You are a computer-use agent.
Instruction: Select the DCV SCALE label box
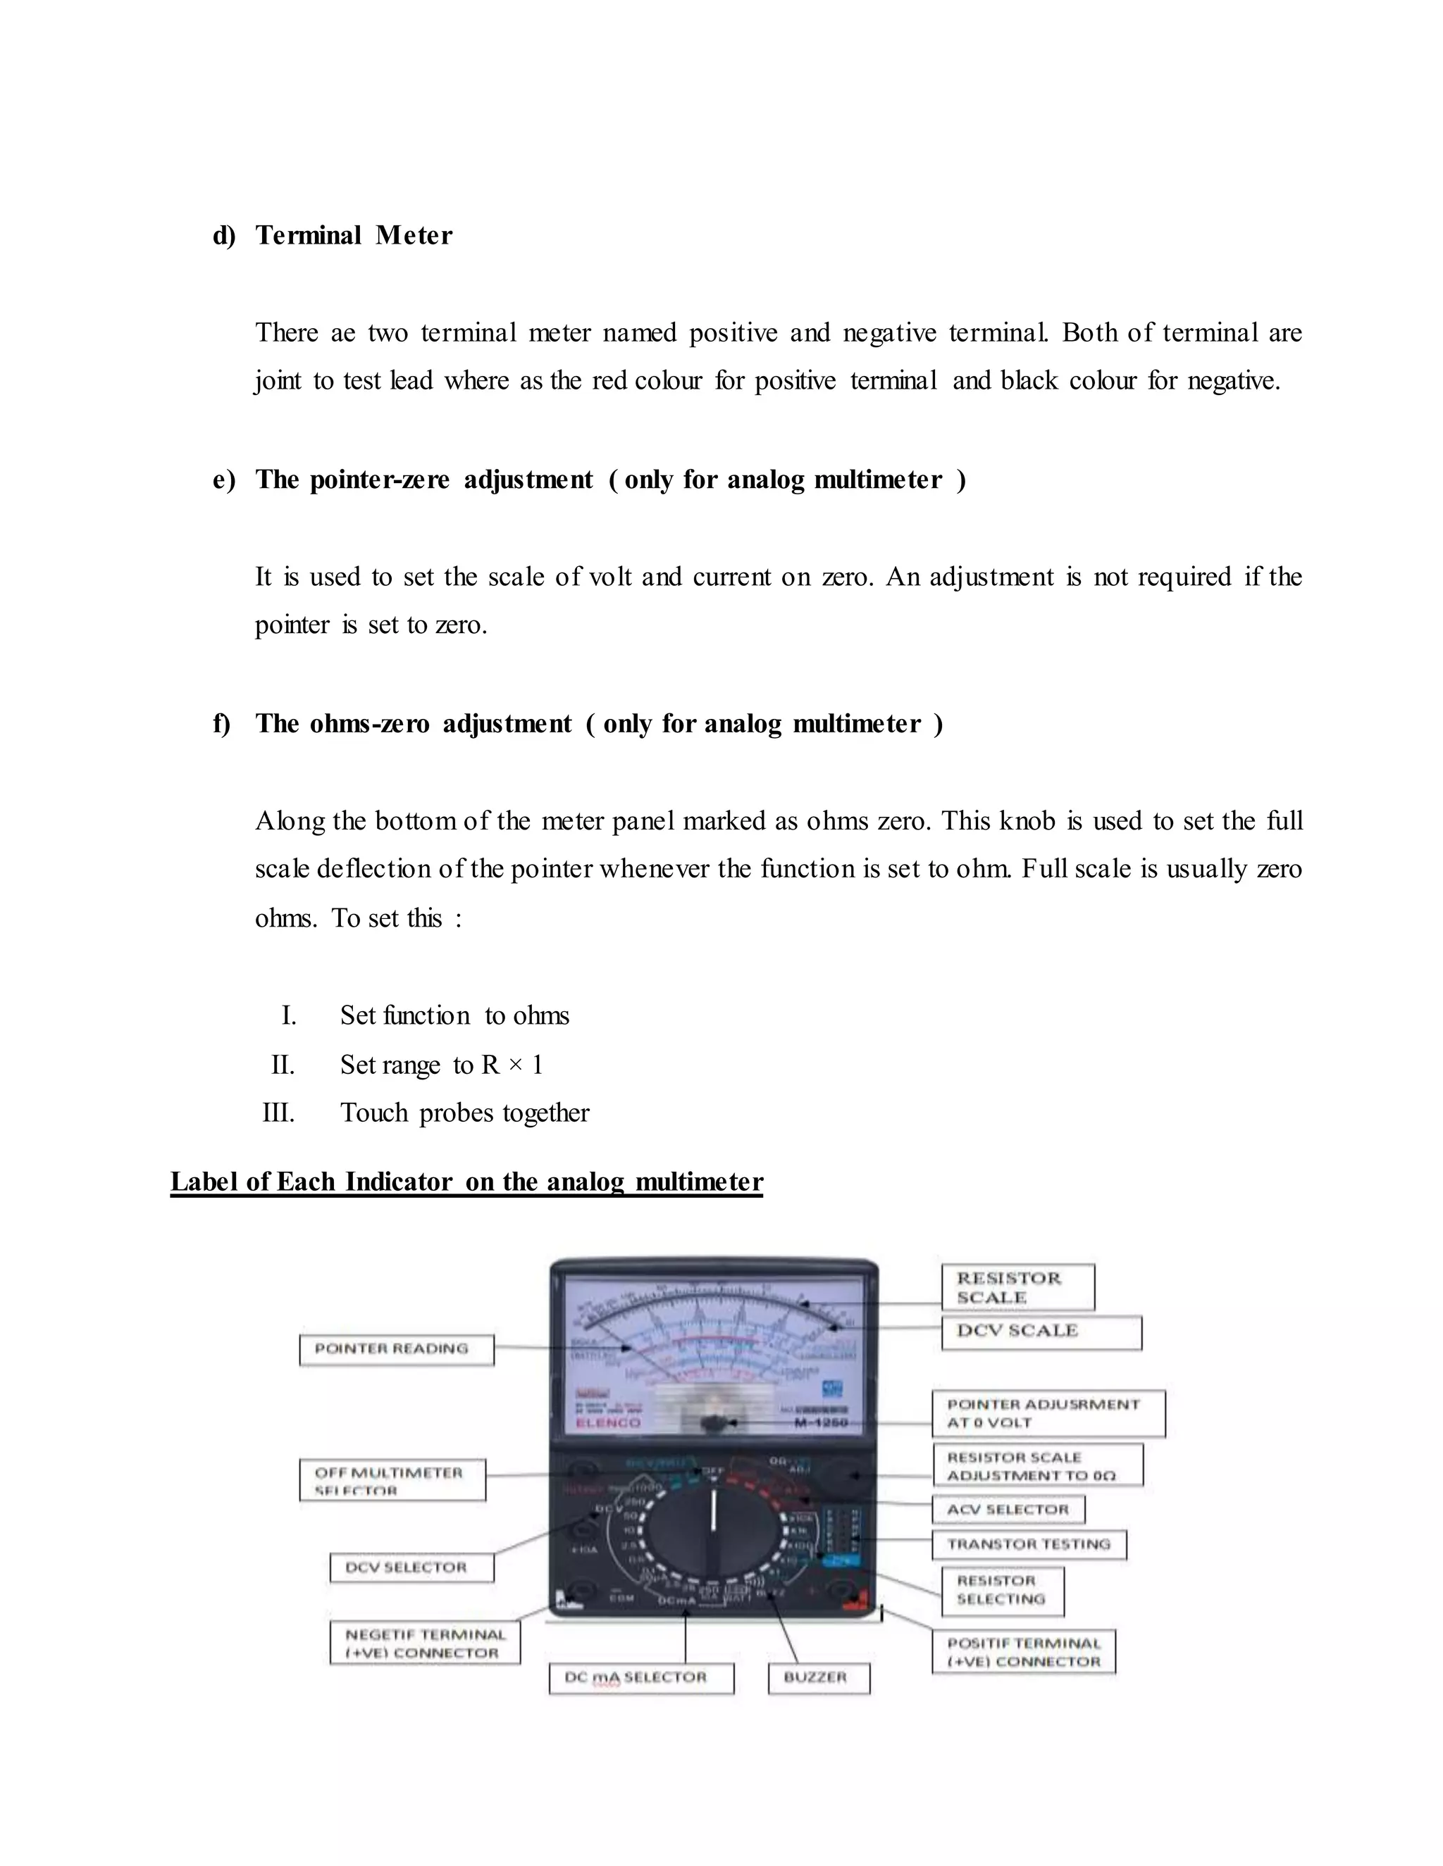point(1041,1332)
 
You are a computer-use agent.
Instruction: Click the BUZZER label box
point(818,1677)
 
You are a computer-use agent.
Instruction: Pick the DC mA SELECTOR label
point(640,1677)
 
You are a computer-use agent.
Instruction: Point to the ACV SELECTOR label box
point(1008,1510)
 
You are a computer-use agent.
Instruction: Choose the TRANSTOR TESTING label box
point(1029,1544)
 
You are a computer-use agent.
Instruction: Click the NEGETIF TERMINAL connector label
point(425,1643)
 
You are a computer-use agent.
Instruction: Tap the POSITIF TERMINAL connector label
point(1023,1653)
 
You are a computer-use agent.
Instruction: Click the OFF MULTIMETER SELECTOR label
point(392,1480)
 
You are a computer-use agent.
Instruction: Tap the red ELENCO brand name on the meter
point(608,1422)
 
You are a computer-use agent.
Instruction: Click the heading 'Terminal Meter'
point(354,235)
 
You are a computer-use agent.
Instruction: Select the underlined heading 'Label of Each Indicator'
point(466,1182)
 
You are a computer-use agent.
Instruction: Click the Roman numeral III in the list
point(279,1113)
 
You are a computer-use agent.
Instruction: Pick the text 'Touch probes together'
point(464,1113)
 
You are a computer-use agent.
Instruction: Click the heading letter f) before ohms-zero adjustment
point(221,724)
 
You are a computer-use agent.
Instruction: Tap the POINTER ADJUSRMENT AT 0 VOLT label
point(1047,1413)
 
